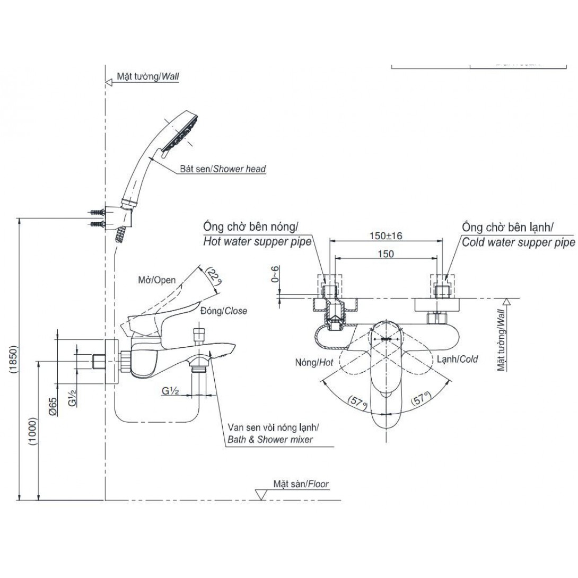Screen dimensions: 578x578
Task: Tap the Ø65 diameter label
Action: [52, 405]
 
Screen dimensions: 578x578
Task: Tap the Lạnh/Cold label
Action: [457, 359]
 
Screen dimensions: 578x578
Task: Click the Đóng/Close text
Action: [223, 311]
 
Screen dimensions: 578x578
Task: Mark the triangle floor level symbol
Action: [261, 495]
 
